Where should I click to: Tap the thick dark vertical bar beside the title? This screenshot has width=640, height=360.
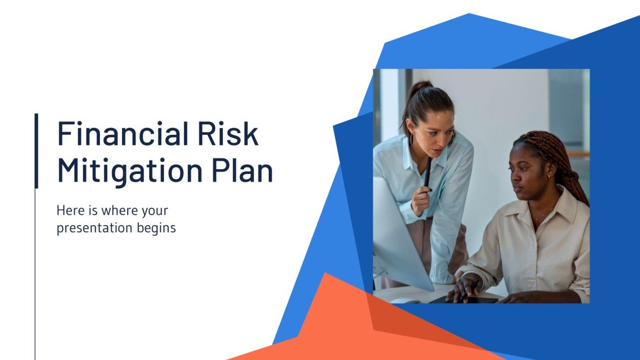36,151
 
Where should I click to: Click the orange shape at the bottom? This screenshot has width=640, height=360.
335,325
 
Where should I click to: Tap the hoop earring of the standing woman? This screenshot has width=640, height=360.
411,139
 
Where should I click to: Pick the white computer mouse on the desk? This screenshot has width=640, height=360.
405,301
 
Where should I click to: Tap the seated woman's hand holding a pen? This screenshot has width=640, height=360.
463,289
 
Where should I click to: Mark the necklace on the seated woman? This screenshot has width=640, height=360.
541,218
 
